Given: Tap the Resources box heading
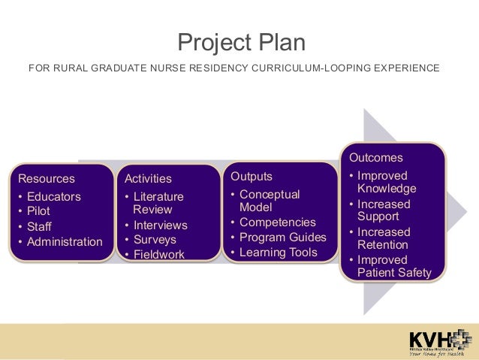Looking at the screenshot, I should point(47,179).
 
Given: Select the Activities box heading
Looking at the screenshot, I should point(148,179).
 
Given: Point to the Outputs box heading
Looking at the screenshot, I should point(252,177).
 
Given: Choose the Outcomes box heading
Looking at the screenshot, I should point(375,158).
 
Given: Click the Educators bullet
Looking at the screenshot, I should point(53,197).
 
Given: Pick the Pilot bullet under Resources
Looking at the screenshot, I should point(38,211).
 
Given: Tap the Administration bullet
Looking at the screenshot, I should point(65,242).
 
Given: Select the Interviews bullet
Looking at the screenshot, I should point(160,225).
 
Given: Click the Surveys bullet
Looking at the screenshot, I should point(155,240).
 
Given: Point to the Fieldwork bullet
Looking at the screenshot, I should point(158,255).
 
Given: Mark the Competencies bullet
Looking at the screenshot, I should point(278,222).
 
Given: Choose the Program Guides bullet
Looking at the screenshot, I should point(283,237).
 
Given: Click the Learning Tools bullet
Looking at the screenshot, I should point(279,253).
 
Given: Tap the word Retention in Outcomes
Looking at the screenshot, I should point(383,245).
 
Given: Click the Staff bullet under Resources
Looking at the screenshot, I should point(39,226).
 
